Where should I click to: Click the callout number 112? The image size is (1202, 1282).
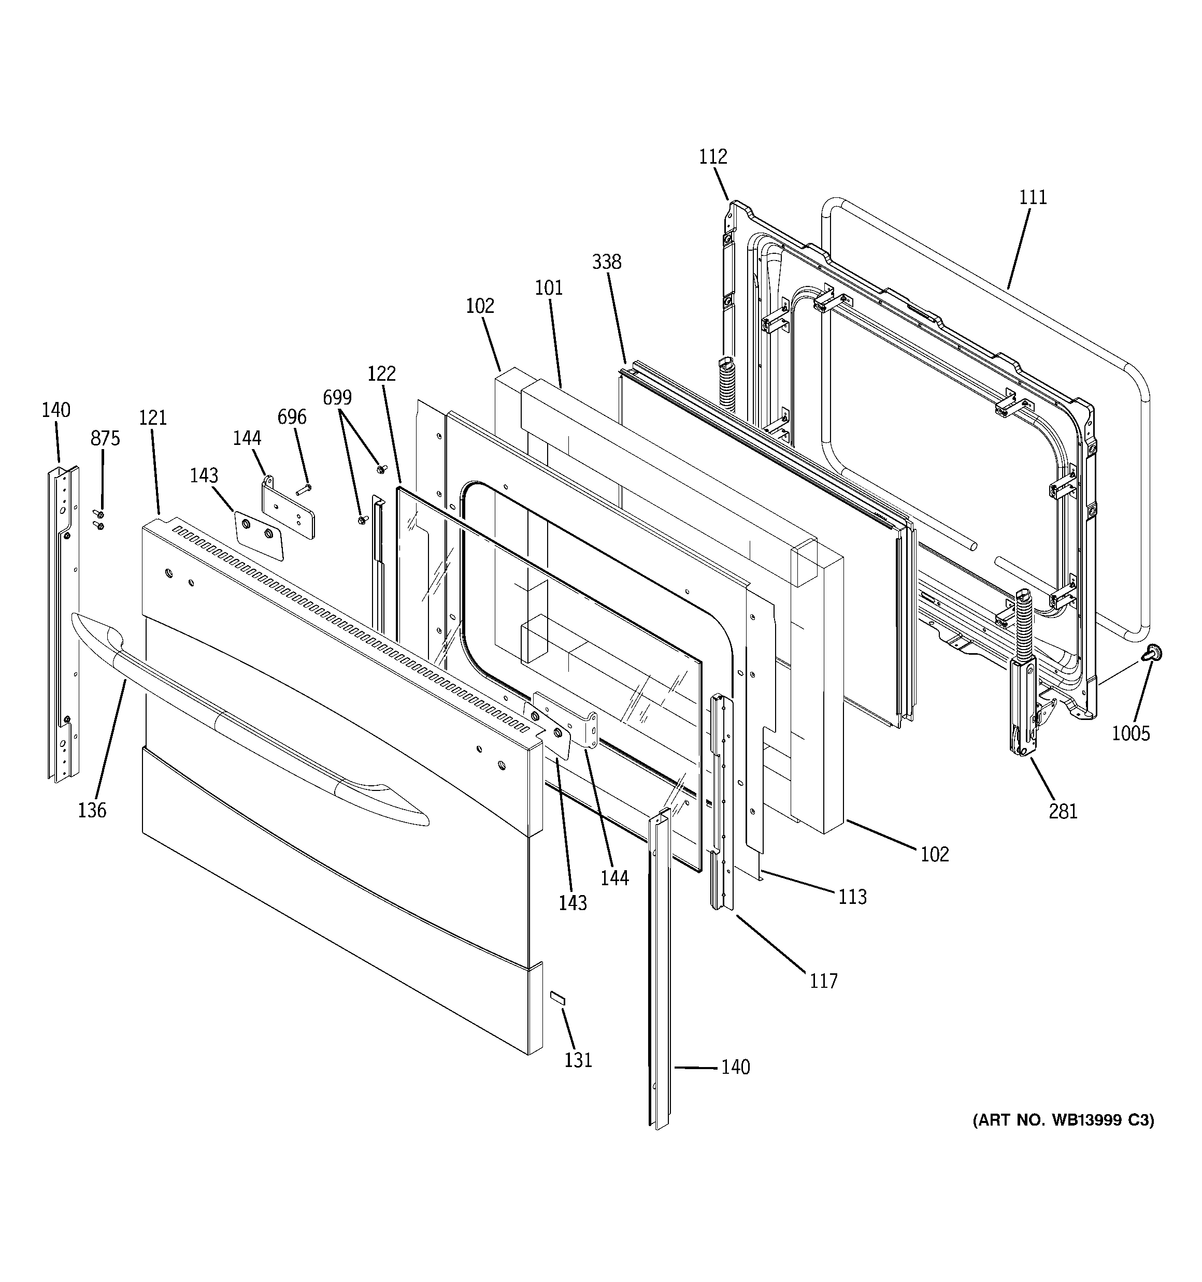[713, 157]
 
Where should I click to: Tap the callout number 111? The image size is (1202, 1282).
[1033, 197]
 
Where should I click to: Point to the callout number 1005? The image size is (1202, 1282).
[1131, 733]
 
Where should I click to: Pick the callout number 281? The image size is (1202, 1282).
[1063, 811]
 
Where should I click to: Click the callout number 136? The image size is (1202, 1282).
[92, 811]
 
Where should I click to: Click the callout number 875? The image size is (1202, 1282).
[105, 439]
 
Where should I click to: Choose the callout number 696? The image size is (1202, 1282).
[292, 417]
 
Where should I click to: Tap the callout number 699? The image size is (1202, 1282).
[337, 397]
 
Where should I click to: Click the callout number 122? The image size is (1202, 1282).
[382, 374]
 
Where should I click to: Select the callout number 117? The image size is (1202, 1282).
[823, 981]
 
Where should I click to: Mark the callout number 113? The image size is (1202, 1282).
[852, 897]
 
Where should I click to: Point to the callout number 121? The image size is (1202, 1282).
[153, 418]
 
